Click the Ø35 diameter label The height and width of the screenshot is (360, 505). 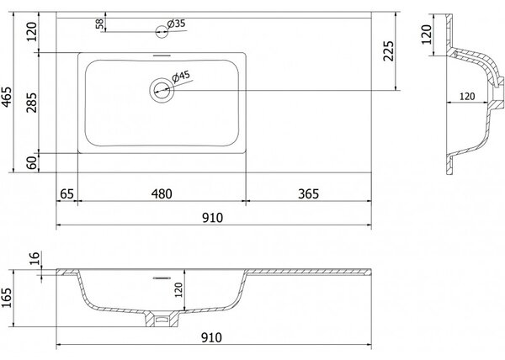point(177,24)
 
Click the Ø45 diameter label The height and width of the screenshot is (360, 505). point(181,77)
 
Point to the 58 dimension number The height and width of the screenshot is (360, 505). point(100,24)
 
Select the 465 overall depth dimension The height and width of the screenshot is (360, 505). point(7,97)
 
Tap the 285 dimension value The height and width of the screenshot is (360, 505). point(32,103)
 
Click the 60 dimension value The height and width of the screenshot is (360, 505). point(32,163)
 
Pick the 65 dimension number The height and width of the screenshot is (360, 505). point(67,194)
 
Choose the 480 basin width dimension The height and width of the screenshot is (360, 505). point(162,194)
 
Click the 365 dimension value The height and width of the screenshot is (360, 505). point(309,194)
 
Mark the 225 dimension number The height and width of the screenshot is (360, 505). point(388,50)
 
